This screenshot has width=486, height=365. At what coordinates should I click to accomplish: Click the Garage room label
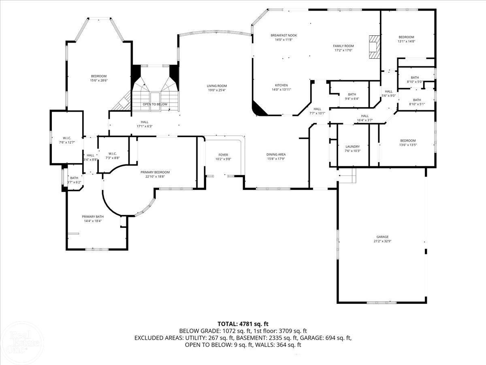pyautogui.click(x=382, y=237)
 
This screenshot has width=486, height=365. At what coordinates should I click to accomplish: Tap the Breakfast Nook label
pyautogui.click(x=281, y=36)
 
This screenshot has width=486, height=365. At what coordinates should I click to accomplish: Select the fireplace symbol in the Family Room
pyautogui.click(x=375, y=48)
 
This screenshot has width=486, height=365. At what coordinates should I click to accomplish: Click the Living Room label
pyautogui.click(x=217, y=86)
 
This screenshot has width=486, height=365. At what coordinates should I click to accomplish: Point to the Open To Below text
pyautogui.click(x=155, y=104)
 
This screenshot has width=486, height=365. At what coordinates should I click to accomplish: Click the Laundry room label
pyautogui.click(x=352, y=147)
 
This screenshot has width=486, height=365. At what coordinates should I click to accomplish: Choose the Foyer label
pyautogui.click(x=223, y=155)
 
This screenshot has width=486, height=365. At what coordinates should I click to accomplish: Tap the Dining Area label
pyautogui.click(x=276, y=155)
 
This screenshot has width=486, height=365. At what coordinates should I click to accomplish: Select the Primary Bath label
pyautogui.click(x=93, y=217)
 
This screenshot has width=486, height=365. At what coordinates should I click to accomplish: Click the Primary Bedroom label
pyautogui.click(x=155, y=172)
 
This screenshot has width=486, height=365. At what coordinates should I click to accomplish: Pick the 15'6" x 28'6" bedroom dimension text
pyautogui.click(x=98, y=80)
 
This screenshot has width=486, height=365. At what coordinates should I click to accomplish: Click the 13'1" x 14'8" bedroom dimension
pyautogui.click(x=406, y=41)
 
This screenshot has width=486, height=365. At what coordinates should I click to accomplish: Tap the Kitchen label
pyautogui.click(x=281, y=85)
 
